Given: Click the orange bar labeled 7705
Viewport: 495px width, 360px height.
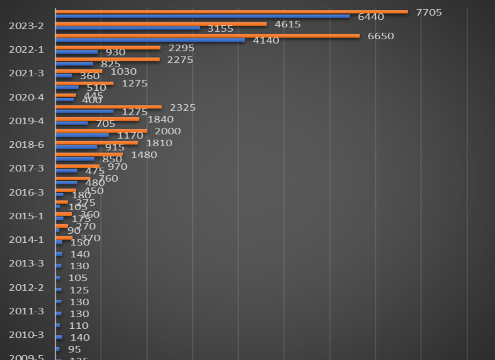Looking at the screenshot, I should pos(231,12).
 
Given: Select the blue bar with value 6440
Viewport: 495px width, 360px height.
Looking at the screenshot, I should pos(202,16).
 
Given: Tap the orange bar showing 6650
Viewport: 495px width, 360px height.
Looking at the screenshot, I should pos(207,36).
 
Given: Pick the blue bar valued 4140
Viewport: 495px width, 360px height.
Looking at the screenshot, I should pos(150,40).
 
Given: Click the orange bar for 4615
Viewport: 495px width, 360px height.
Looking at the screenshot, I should pos(161,24).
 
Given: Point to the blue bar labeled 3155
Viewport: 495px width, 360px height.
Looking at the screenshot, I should pos(127,28).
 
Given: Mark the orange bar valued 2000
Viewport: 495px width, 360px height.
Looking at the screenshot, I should pos(101,131).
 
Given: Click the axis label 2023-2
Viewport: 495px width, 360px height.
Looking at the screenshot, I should pos(26,26).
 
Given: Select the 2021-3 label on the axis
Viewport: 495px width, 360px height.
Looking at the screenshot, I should pos(26,73).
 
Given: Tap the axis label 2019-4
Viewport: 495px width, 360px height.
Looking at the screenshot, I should pos(26,121).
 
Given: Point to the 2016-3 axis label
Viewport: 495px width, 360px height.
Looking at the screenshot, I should pos(26,192).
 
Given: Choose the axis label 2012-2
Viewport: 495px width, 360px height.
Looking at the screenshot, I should pos(26,287).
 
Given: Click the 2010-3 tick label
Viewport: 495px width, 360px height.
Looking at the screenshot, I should pos(26,335).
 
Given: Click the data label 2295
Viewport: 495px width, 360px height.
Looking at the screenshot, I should pos(181,48).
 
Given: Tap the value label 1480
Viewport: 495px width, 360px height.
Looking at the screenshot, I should pos(144,155).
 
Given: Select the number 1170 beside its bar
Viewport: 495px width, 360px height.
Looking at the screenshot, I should pos(130,135).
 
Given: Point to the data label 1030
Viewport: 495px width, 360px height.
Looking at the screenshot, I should pos(123,71).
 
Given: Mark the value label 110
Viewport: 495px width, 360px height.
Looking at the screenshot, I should pos(78,326).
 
